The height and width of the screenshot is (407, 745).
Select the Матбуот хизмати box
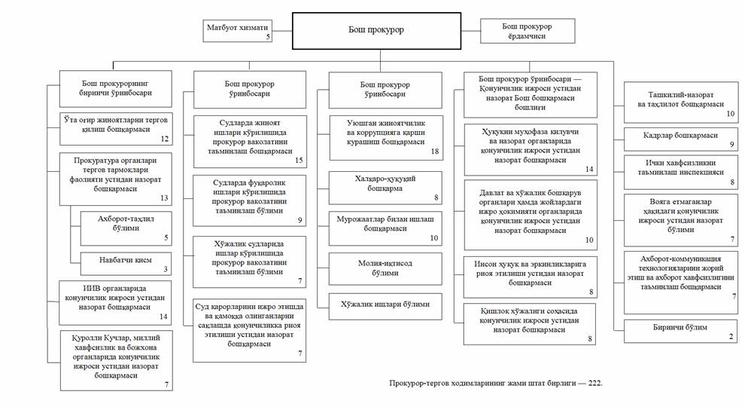[237, 31]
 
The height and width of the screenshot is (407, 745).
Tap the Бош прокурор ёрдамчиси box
[528, 31]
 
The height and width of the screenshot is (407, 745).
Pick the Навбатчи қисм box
[125, 262]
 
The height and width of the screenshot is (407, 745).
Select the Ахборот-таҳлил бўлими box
[125, 226]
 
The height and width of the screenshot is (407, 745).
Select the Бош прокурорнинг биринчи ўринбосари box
[116, 89]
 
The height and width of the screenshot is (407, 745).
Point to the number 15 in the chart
[300, 161]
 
